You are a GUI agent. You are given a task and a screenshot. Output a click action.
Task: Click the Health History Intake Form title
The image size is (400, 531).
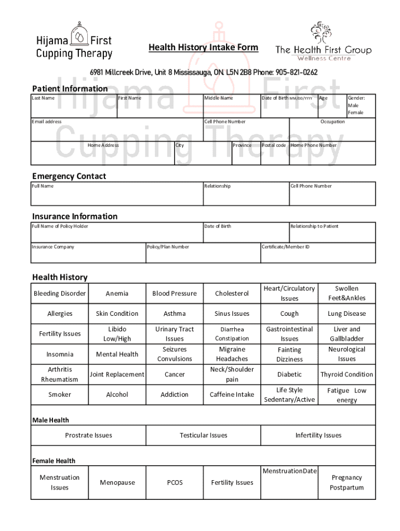[203, 48]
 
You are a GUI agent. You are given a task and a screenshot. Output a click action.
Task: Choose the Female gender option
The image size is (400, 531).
[355, 113]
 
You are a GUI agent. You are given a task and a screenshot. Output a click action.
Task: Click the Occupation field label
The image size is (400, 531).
[332, 122]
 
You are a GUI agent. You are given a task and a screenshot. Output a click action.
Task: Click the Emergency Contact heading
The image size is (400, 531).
[69, 176]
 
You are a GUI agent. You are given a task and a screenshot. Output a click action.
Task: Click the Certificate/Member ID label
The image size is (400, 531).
[286, 247]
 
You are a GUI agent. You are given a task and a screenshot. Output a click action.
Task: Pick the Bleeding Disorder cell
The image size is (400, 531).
[60, 294]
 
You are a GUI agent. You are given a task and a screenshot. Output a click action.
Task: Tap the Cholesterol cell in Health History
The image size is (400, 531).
[232, 294]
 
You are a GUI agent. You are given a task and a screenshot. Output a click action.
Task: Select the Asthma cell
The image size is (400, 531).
[175, 314]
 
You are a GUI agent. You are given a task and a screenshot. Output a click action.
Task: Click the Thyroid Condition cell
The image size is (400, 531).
[346, 374]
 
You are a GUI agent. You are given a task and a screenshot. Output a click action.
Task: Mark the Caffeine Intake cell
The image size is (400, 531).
[232, 395]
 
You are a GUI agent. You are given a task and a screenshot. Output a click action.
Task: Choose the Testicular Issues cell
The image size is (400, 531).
[203, 436]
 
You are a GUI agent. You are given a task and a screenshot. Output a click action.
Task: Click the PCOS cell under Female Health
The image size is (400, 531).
[175, 483]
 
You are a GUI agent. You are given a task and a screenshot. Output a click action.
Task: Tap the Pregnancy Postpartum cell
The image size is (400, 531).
[346, 483]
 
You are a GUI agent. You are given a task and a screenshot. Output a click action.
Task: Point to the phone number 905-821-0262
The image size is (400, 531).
[297, 73]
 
